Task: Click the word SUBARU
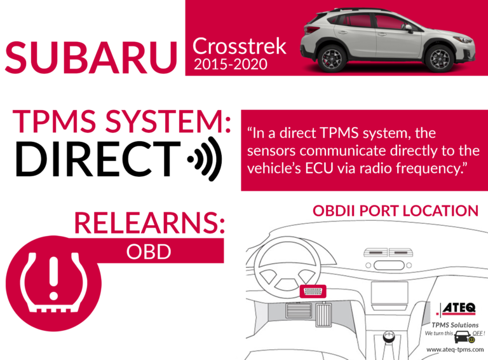click(91, 58)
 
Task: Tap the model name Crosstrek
click(240, 46)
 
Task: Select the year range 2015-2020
click(231, 64)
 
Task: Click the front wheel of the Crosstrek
click(440, 59)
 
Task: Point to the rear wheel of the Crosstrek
click(332, 59)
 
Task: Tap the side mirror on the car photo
click(409, 29)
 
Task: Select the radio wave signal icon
click(205, 159)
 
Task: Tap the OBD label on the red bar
click(149, 251)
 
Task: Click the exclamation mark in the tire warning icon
click(54, 278)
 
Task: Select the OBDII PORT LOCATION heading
click(395, 211)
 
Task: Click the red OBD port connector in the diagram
click(313, 291)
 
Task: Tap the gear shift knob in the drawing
click(389, 337)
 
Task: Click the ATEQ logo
click(456, 309)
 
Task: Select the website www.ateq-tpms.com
click(455, 349)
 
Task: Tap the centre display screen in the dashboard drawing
click(390, 293)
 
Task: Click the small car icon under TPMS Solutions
click(463, 336)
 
